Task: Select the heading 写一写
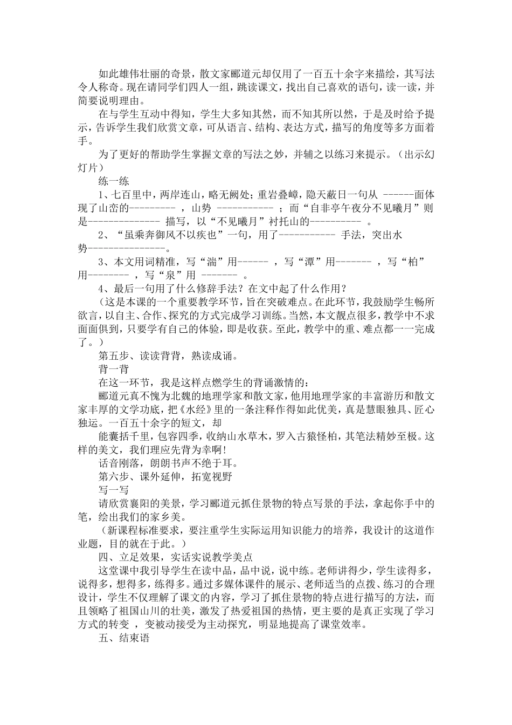pyautogui.click(x=114, y=490)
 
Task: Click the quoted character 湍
pyautogui.click(x=212, y=262)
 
